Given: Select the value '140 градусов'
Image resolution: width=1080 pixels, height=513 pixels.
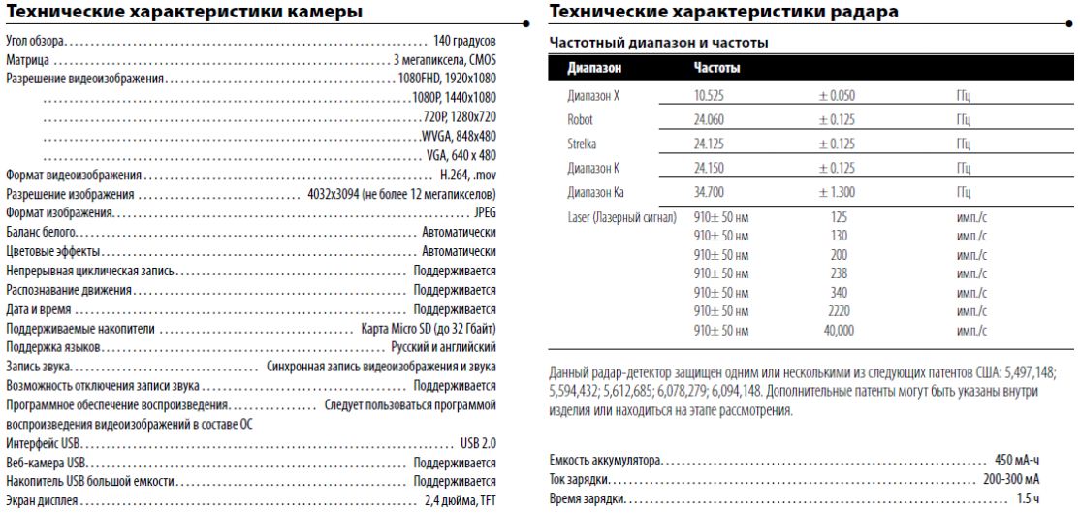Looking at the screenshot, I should pos(464,44).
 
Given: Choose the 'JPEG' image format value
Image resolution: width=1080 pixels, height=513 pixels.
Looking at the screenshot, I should pos(485,210).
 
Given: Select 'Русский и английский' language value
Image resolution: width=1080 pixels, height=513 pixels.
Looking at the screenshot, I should pos(443,346).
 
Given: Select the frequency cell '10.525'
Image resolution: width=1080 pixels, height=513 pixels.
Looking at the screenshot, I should pos(712,96).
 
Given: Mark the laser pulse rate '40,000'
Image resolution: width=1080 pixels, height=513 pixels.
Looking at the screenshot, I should pos(839,331).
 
